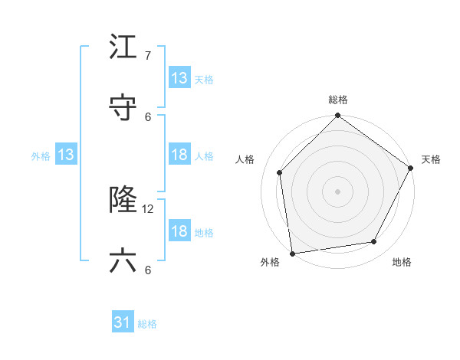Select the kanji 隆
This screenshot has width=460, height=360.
pyautogui.click(x=123, y=201)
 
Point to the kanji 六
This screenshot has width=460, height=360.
pyautogui.click(x=123, y=261)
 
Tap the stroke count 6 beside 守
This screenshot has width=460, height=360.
pyautogui.click(x=148, y=116)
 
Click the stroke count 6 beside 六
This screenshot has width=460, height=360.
pyautogui.click(x=148, y=269)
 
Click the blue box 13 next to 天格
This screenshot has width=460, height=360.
pyautogui.click(x=179, y=78)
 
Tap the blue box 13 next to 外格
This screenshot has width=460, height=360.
pyautogui.click(x=66, y=155)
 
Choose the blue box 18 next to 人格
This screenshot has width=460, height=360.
pyautogui.click(x=179, y=155)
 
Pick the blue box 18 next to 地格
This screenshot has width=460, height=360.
pyautogui.click(x=179, y=231)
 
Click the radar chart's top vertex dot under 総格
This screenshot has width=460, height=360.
pyautogui.click(x=337, y=117)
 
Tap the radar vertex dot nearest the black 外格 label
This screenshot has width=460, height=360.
pyautogui.click(x=292, y=253)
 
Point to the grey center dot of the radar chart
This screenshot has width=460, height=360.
pyautogui.click(x=337, y=191)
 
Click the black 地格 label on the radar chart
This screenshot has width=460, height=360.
pyautogui.click(x=402, y=263)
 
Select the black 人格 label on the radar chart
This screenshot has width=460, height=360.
pyautogui.click(x=245, y=159)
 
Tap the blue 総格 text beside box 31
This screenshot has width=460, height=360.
pyautogui.click(x=147, y=324)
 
